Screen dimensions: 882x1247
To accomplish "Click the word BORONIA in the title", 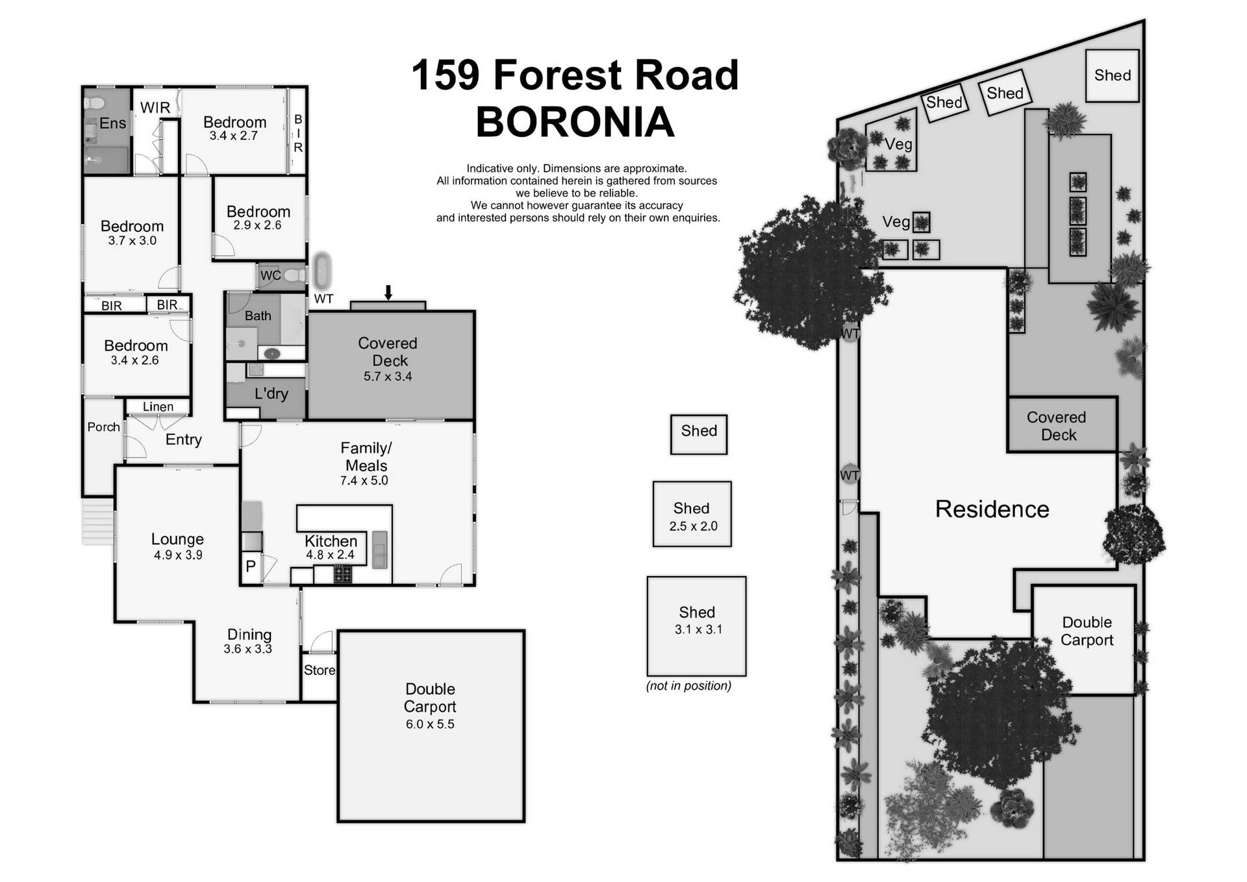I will click(575, 122).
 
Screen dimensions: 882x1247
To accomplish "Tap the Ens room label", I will click(112, 123).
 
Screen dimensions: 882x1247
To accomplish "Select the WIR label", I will click(155, 108).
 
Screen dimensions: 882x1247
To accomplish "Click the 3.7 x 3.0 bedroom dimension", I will click(132, 241).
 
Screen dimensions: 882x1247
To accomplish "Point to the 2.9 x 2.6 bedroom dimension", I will click(257, 225).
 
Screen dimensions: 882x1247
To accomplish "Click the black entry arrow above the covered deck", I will click(388, 292).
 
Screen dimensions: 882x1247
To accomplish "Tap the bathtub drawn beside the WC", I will click(323, 271).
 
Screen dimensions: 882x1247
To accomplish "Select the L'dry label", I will click(271, 394).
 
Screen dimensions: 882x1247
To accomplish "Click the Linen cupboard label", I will click(158, 407).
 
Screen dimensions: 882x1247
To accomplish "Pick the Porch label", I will click(103, 427).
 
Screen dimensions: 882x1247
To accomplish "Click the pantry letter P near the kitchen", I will click(251, 566).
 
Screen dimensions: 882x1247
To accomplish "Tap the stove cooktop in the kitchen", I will click(342, 574).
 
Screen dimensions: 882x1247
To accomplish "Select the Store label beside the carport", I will click(319, 670).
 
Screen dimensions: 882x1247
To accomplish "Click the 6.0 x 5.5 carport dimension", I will click(430, 724).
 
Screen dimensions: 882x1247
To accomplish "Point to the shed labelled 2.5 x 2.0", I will click(692, 515).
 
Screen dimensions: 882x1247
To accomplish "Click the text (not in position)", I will click(688, 686).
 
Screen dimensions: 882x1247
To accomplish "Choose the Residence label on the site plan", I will click(992, 509).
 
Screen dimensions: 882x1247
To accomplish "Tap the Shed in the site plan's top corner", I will click(1112, 75).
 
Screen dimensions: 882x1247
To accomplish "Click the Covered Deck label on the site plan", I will click(1057, 426).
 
